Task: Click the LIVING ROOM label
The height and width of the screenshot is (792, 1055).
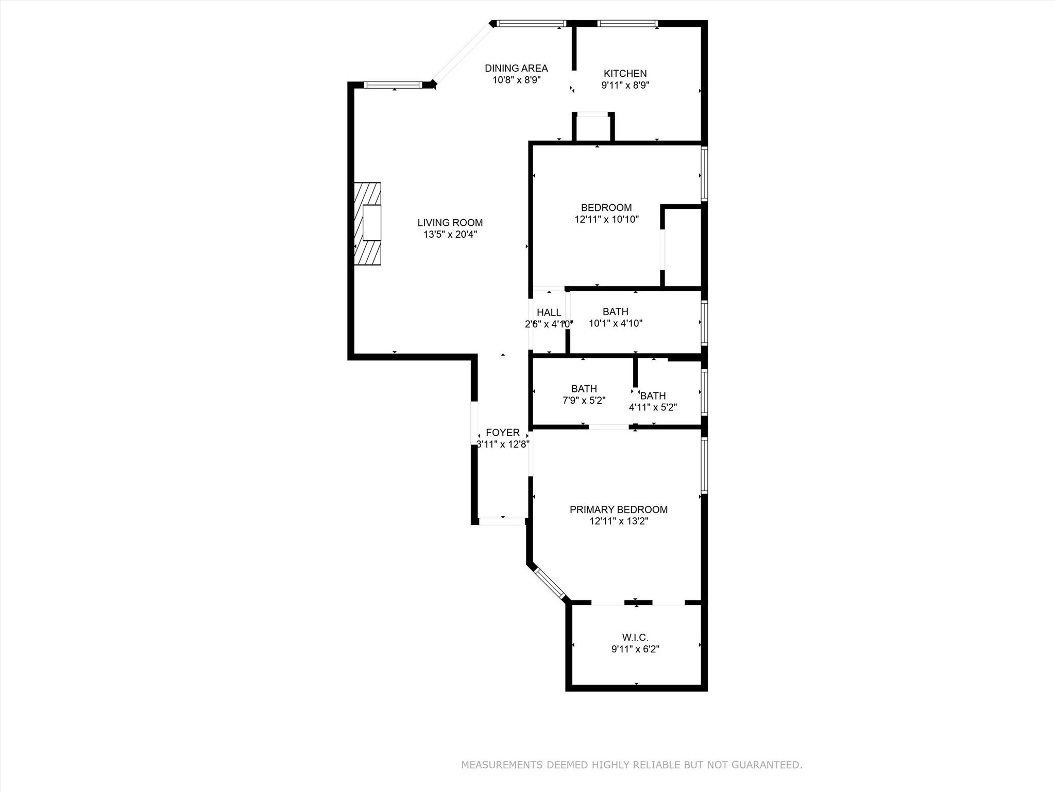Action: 450,223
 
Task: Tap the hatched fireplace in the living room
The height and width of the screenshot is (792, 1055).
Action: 368,224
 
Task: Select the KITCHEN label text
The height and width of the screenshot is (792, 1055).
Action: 625,74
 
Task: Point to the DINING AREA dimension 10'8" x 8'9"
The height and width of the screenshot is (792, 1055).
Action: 516,80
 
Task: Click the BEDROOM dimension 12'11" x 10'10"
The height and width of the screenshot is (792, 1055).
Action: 606,219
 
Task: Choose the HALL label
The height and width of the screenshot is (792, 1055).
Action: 549,312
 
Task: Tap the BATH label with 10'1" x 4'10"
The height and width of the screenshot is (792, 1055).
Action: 615,311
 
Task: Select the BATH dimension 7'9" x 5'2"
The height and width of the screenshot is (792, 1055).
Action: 584,400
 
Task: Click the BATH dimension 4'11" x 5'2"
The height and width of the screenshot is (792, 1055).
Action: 653,407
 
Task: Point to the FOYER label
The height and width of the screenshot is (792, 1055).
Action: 502,433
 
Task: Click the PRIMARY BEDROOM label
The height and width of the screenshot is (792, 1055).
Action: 618,509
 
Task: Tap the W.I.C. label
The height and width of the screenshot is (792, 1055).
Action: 635,638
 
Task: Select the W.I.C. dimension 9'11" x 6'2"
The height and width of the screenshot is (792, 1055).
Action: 635,649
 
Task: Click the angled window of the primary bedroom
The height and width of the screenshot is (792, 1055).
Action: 550,585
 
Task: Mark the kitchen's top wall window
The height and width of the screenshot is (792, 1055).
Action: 627,23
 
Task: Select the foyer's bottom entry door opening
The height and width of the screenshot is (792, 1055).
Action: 502,521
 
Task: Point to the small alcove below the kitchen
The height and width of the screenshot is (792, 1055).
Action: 593,127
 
